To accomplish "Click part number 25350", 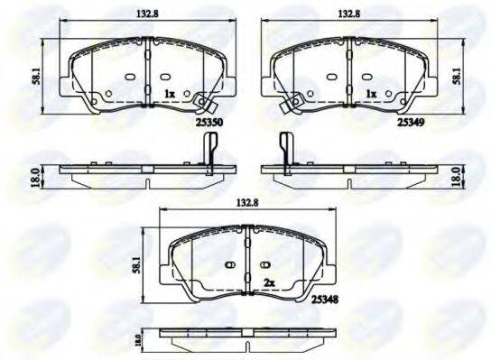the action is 209,123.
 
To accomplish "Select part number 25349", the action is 411,122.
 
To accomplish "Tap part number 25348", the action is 325,300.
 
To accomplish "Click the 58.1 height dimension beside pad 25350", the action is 37,76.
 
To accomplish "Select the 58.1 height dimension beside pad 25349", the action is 457,76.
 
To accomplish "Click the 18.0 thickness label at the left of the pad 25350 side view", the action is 35,177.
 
